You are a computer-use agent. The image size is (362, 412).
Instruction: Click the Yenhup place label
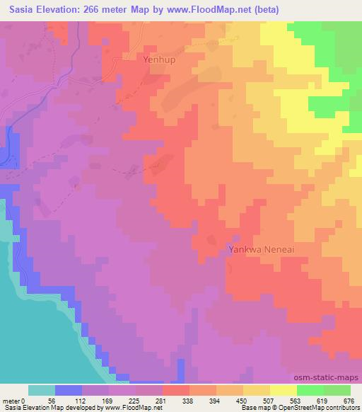pos(159,60)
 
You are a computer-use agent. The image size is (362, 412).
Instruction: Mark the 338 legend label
pos(187,400)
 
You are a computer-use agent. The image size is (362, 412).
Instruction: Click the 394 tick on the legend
pos(215,400)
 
